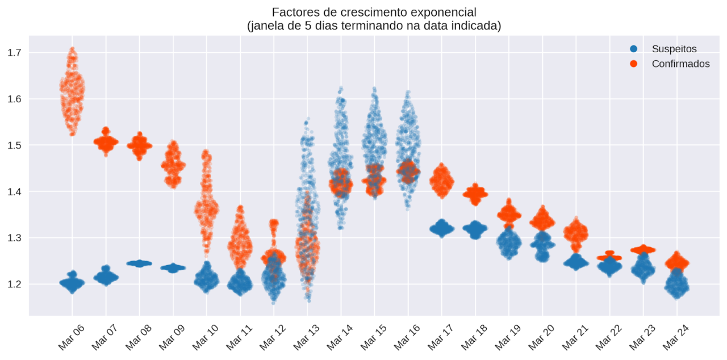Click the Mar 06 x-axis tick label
[71, 336]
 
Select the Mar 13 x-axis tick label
[306, 336]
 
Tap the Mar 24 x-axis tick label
[676, 336]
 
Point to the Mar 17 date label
[441, 336]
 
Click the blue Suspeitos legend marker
[634, 49]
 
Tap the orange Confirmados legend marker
[634, 64]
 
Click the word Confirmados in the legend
[680, 64]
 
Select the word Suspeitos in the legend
[674, 49]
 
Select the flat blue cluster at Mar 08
[139, 263]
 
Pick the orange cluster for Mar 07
[106, 143]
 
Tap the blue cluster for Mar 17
[441, 229]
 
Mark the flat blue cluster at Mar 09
[173, 267]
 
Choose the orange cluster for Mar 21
[576, 233]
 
